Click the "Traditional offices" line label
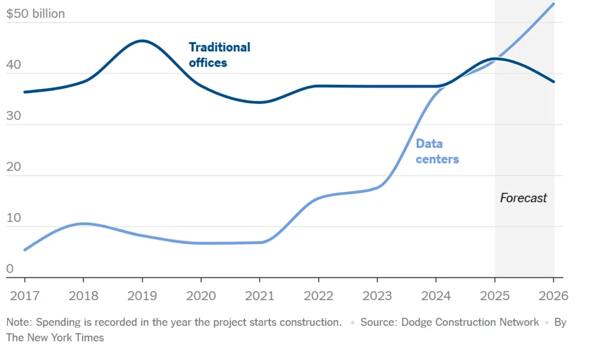pos(219,55)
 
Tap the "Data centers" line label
pos(437,151)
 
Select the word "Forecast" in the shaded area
pos(523,198)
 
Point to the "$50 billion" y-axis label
pos(35,13)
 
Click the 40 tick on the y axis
pos(13,65)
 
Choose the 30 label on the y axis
pos(13,116)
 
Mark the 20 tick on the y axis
pos(13,167)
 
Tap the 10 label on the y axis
pos(13,218)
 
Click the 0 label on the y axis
pos(10,268)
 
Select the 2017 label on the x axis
pos(25,296)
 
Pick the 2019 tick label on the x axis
pos(142,296)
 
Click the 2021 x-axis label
pos(260,296)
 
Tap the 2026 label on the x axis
pos(553,296)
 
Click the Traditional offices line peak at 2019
pos(142,40)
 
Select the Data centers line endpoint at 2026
pos(554,4)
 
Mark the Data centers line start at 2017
pos(24,250)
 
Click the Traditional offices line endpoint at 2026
pos(554,81)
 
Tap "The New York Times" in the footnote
pos(55,337)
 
